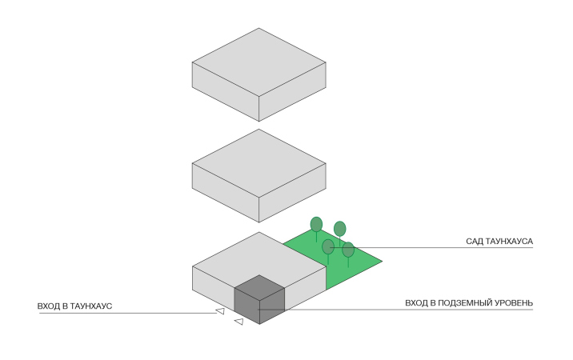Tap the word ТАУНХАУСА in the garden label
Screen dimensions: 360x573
click(x=510, y=241)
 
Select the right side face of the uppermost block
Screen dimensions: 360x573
click(x=293, y=91)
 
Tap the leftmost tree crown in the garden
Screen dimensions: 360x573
click(x=317, y=224)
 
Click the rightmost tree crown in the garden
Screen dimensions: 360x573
click(x=348, y=250)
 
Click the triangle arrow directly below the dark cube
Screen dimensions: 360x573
click(x=238, y=322)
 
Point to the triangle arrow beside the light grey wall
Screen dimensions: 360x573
click(x=219, y=311)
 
